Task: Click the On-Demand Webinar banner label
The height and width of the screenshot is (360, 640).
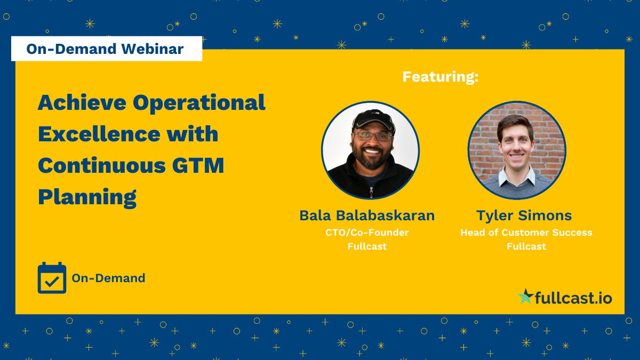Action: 106,49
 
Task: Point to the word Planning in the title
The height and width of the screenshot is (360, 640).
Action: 87,197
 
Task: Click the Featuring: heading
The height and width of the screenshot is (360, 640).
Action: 441,77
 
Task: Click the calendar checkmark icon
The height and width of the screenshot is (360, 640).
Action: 52,278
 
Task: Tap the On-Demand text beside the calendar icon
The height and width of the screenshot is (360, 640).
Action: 108,278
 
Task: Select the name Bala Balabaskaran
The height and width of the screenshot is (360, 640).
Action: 367,215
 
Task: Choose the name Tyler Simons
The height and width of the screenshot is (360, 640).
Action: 524,215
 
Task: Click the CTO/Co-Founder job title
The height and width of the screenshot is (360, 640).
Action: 367,233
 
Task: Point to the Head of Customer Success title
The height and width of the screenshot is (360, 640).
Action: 526,233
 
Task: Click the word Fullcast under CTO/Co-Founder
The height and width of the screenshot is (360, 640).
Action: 367,246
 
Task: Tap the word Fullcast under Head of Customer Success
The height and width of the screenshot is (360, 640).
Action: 526,246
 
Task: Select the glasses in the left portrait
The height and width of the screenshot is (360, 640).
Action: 374,136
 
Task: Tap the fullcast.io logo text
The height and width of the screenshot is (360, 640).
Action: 573,298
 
